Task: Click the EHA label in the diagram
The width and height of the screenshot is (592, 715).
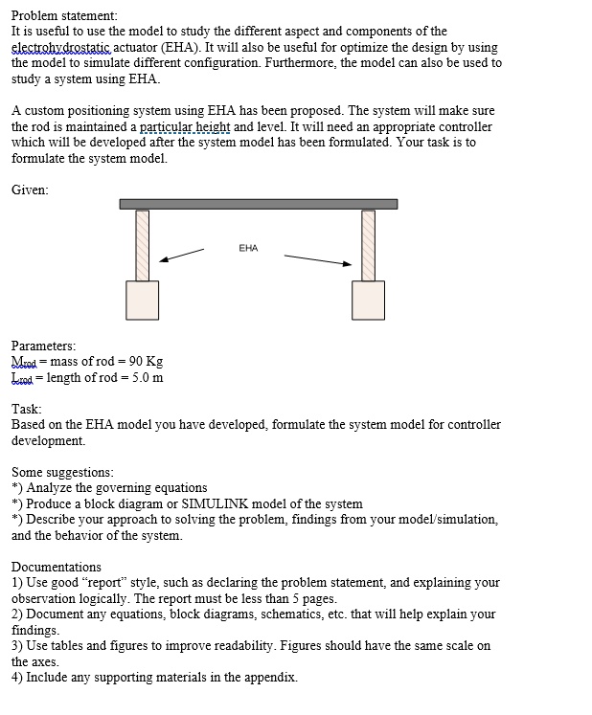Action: pos(248,248)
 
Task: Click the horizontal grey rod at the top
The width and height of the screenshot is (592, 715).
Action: pos(259,204)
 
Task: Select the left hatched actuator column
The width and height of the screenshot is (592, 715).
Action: pos(143,245)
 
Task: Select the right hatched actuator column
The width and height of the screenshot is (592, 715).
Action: pos(369,245)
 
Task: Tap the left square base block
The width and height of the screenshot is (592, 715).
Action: pos(143,301)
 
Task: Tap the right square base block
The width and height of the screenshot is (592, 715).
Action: pos(369,301)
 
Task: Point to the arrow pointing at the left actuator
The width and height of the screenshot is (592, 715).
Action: pos(182,256)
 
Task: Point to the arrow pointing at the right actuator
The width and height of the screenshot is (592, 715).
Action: pos(318,260)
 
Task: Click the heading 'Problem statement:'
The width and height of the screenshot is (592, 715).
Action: pos(64,16)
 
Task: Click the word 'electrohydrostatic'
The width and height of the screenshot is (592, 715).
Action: pos(60,47)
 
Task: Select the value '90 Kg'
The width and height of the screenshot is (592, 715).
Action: pos(146,361)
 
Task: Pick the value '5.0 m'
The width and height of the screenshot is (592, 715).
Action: pos(148,377)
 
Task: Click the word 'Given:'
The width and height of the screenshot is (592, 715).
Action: pos(30,190)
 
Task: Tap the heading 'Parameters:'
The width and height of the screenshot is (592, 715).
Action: pos(44,346)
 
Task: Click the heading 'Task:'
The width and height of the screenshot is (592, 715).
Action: pos(27,409)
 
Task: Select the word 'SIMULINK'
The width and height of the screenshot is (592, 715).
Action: pos(215,503)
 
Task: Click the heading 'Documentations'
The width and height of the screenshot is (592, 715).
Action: pos(57,567)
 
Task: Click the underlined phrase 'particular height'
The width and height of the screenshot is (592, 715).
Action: pos(184,126)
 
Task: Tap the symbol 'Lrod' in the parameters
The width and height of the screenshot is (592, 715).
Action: pos(22,377)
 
